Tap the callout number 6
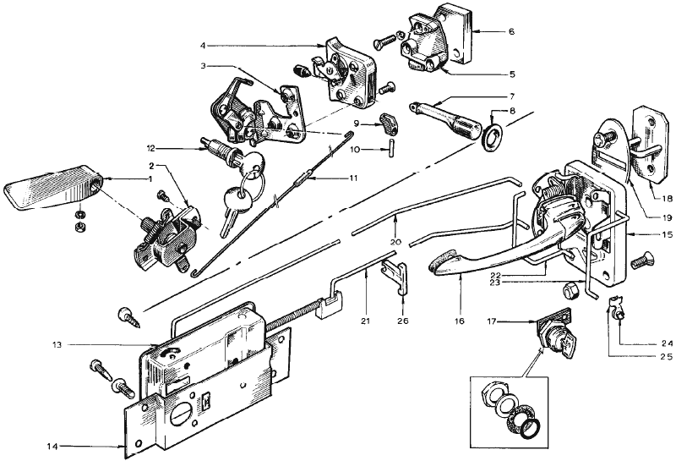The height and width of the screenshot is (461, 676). point(511,31)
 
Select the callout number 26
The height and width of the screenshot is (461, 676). point(403,321)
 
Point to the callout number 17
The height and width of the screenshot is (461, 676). point(492,321)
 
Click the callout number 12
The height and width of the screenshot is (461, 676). point(150,149)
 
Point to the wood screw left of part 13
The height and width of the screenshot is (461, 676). point(129,317)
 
